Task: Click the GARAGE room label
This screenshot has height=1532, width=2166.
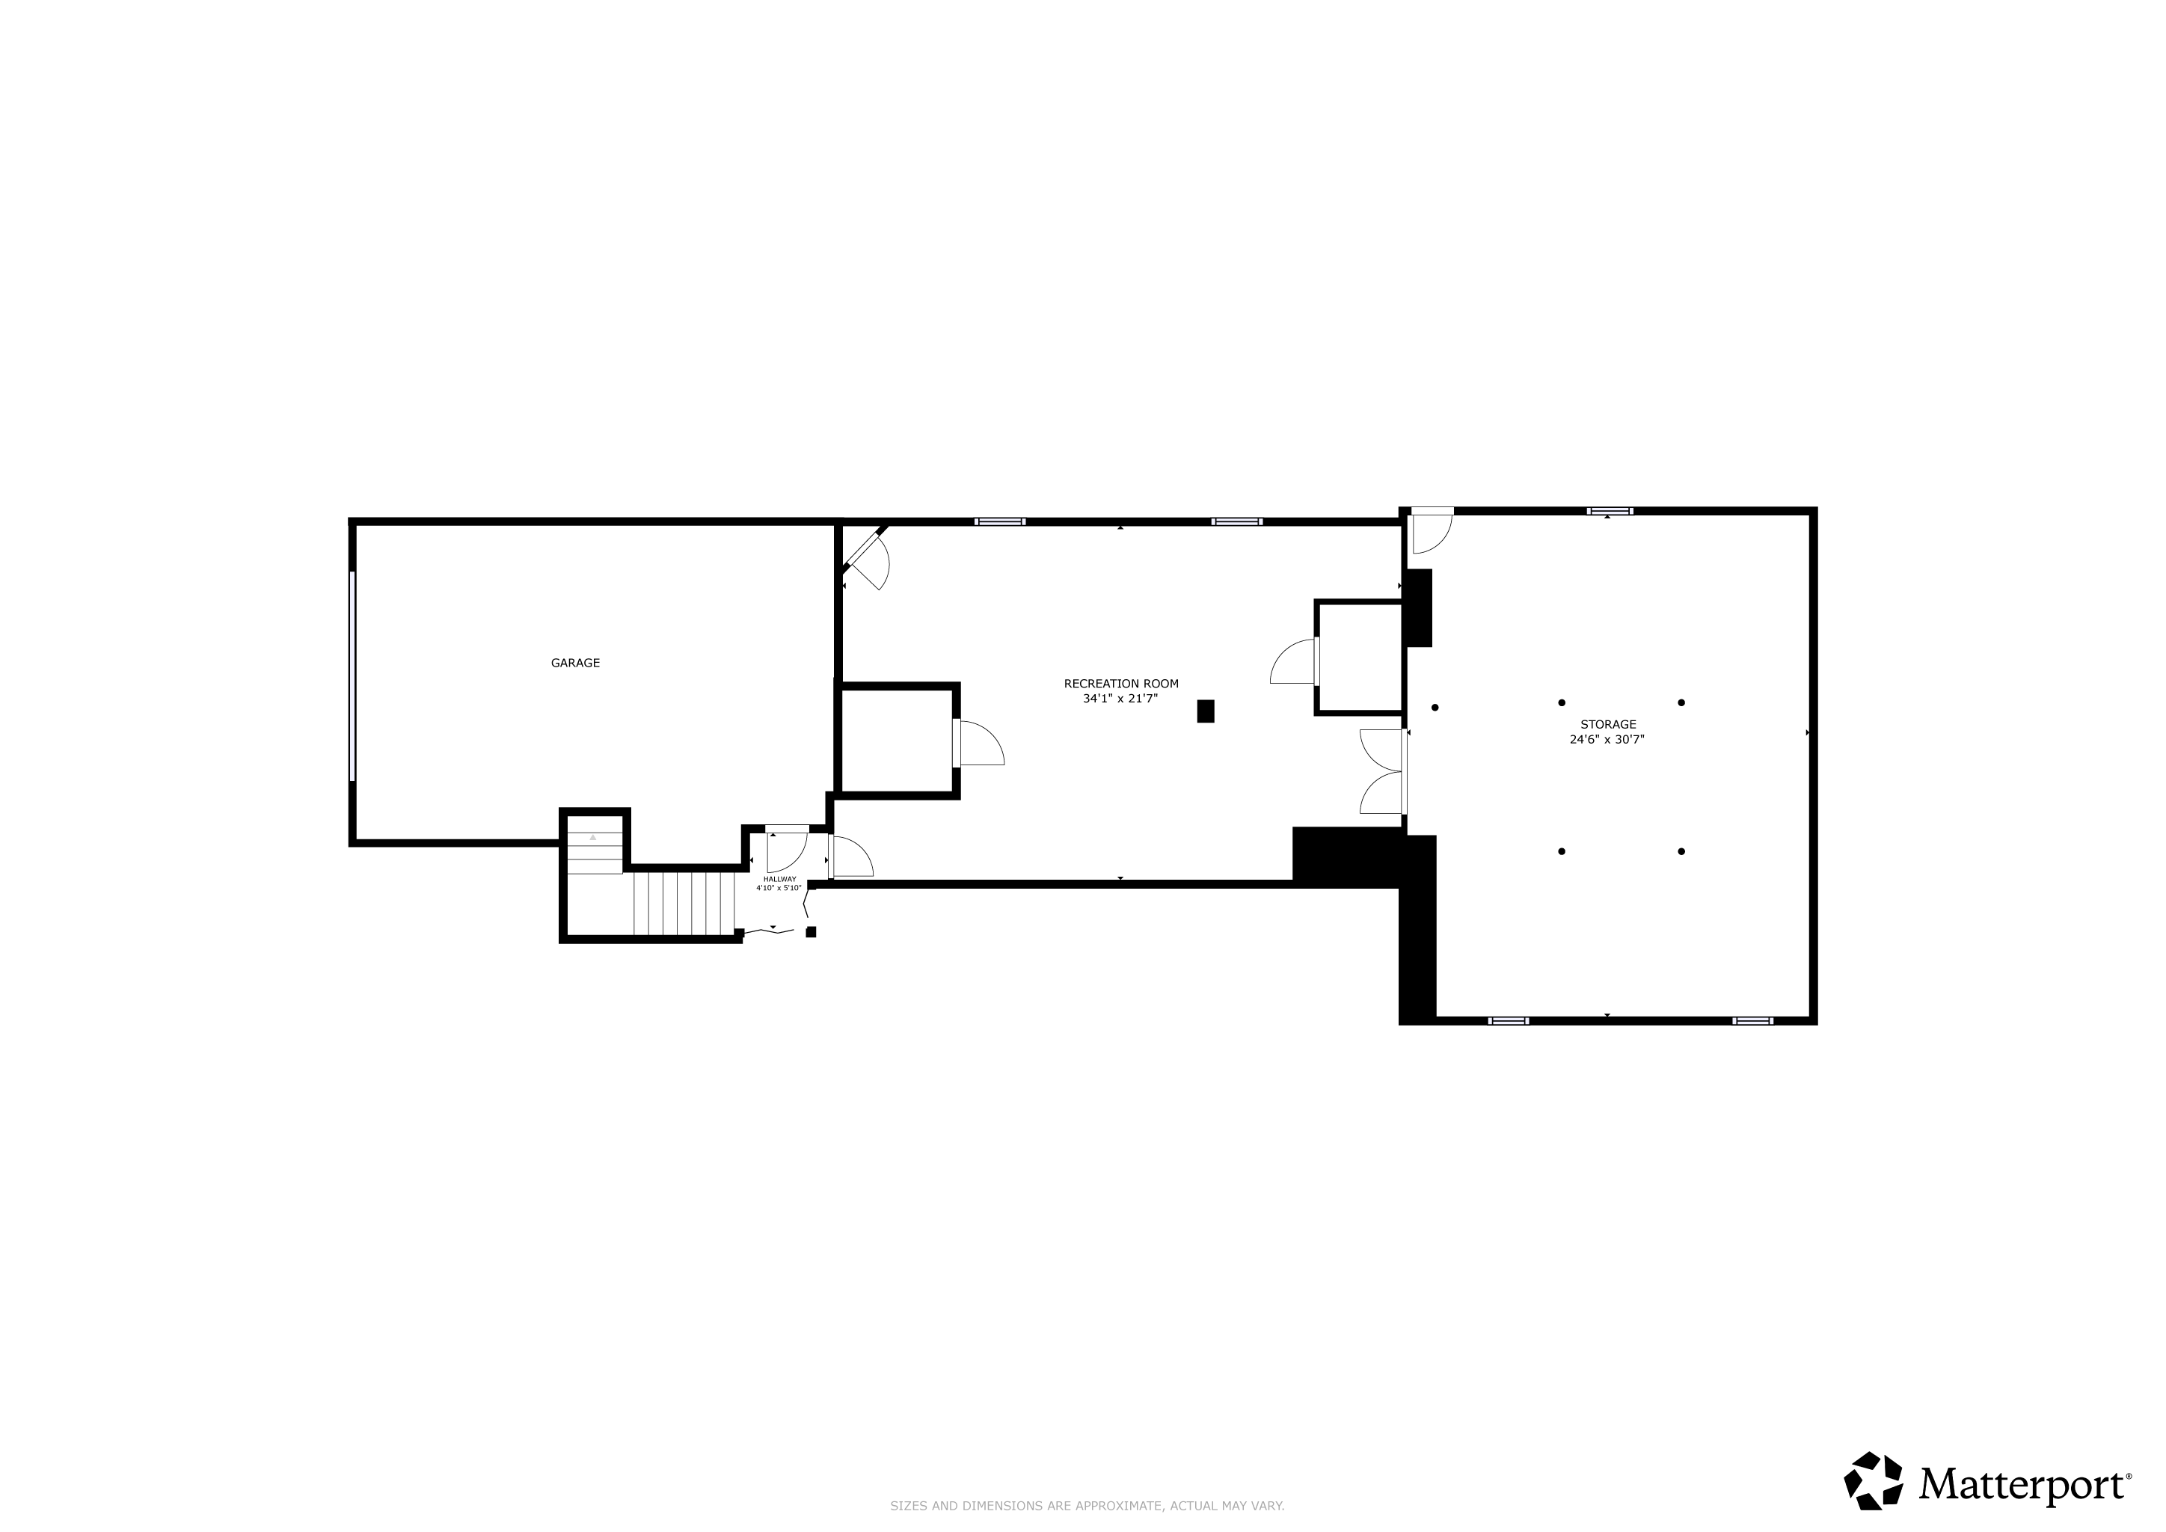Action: click(x=575, y=664)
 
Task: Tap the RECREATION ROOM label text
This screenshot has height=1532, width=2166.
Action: click(x=1120, y=684)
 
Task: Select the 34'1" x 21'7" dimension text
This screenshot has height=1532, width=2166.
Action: click(x=1120, y=699)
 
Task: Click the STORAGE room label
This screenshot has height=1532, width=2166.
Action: click(x=1609, y=725)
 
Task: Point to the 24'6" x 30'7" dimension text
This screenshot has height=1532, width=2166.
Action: click(x=1607, y=740)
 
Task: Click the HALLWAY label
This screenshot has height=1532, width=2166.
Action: click(x=780, y=879)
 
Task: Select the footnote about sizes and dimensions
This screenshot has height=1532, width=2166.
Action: click(x=1087, y=1507)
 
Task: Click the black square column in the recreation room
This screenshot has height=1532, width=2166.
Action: click(x=1206, y=711)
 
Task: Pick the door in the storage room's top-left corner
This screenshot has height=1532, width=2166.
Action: click(x=1431, y=530)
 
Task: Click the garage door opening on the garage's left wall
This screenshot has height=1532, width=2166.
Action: click(x=352, y=676)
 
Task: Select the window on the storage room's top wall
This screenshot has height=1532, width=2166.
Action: click(x=1610, y=512)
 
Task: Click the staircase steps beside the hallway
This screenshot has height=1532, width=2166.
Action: click(x=684, y=904)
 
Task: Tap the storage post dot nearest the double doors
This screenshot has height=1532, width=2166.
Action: click(x=1435, y=708)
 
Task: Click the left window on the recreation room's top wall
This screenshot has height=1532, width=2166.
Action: click(x=1000, y=521)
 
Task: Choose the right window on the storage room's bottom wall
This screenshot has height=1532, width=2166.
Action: click(x=1753, y=1020)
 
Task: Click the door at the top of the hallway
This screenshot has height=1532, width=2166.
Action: click(x=787, y=848)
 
